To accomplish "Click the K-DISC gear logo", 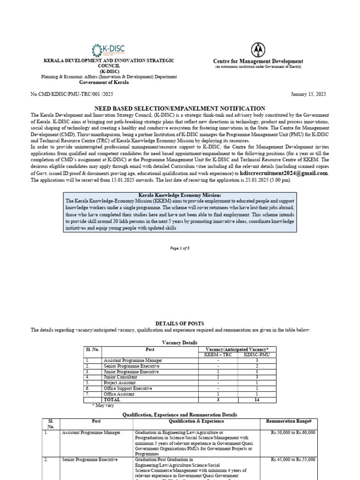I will coord(97,50).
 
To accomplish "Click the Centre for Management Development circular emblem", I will coord(258,49).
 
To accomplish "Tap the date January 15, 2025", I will coord(308,94).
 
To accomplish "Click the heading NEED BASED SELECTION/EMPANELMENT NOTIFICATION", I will coord(180,108).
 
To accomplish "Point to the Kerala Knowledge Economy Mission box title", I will coord(180,195).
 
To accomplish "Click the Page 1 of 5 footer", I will coord(180,248).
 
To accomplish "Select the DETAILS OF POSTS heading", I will coord(180,323).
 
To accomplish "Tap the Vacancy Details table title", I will coord(180,343).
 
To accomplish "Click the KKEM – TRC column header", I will coord(218,355).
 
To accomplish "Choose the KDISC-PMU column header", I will coord(257,355).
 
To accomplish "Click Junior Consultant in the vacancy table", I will coord(120,377).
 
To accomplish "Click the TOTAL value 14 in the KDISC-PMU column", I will coord(257,400).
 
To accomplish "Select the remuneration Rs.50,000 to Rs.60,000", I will coord(293,433).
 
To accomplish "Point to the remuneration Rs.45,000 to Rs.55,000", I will coord(293,460).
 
